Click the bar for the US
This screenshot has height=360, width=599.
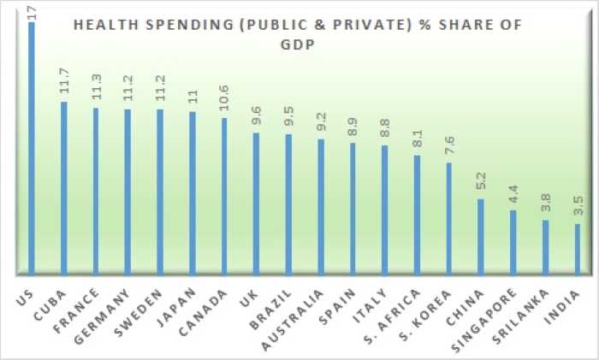(32, 150)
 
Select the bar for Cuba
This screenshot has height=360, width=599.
(63, 189)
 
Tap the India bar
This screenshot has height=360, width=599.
(578, 250)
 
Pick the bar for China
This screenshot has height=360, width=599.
(481, 238)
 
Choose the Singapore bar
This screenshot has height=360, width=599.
(513, 243)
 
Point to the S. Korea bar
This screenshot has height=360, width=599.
(448, 219)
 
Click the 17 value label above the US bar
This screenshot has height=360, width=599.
(32, 11)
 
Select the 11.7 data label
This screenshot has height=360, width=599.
(64, 86)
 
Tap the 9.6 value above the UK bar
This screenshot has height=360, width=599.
(256, 117)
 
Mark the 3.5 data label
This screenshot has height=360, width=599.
(578, 209)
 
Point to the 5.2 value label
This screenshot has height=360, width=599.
(481, 184)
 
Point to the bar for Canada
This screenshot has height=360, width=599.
(224, 197)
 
